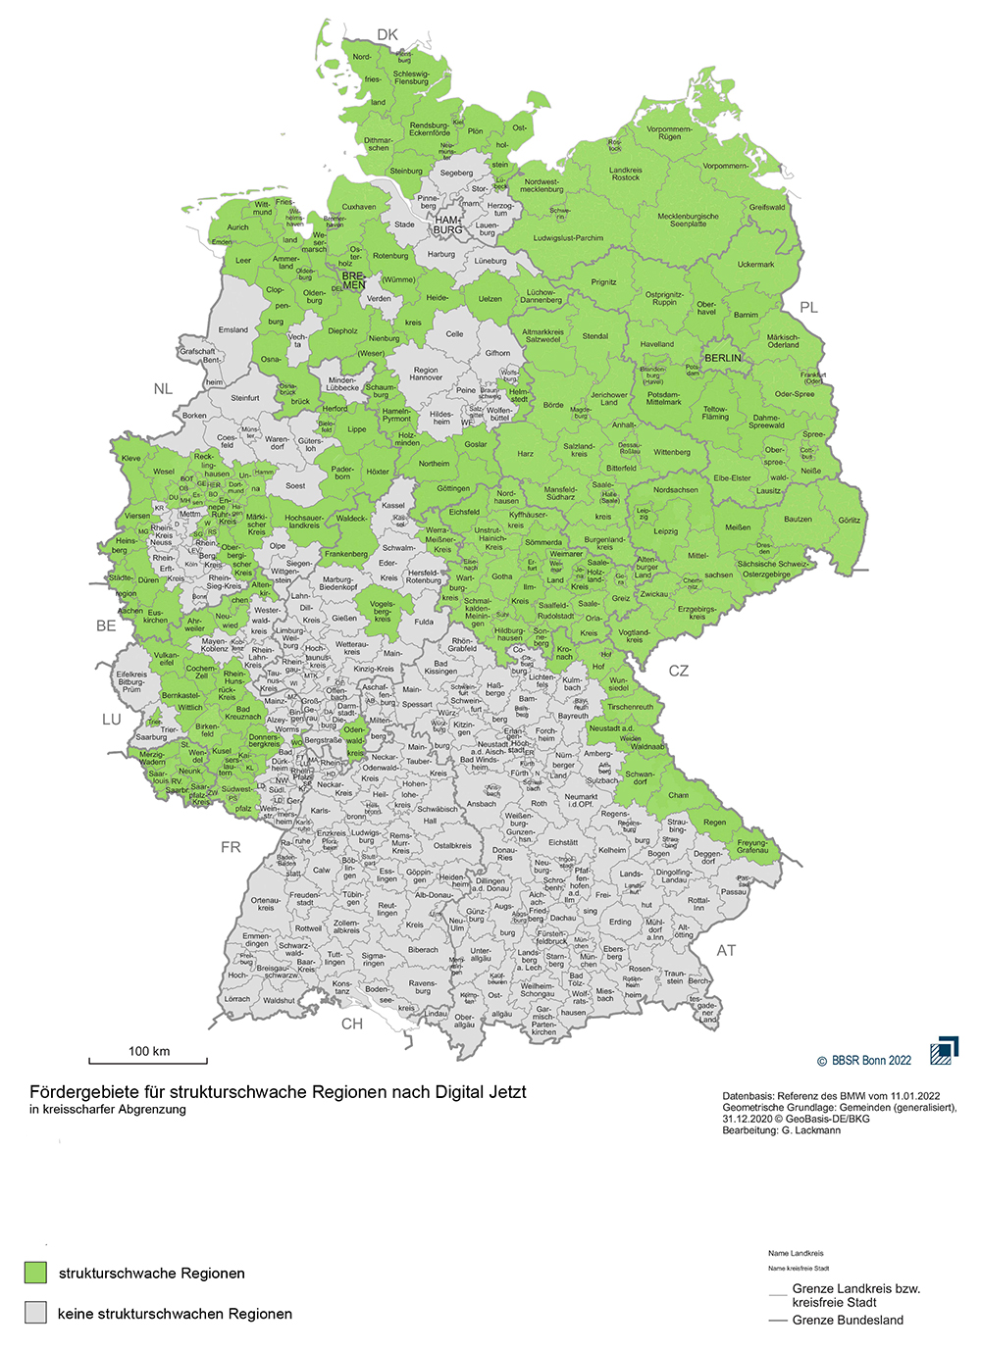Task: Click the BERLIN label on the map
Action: point(723,358)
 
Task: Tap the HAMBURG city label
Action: point(447,225)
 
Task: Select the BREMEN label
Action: point(353,281)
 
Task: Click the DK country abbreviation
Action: point(387,34)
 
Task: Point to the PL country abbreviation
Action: point(808,307)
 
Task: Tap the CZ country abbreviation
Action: point(678,671)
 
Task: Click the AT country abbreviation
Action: point(726,950)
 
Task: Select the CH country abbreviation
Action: point(351,1024)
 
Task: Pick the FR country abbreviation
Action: point(231,847)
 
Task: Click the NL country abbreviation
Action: point(163,389)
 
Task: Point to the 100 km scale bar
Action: point(148,1060)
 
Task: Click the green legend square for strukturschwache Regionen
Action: point(36,1273)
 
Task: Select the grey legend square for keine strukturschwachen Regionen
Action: point(36,1313)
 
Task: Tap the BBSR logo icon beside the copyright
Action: point(944,1050)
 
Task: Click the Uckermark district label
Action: point(755,264)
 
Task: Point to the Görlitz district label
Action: point(850,521)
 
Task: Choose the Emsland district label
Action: point(233,329)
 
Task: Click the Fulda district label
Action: point(424,622)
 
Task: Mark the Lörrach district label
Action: point(237,999)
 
